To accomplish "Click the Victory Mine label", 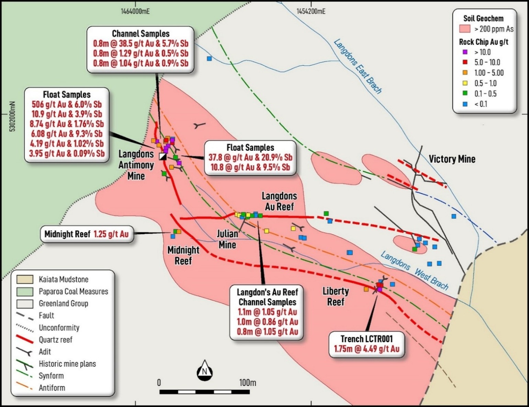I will pyautogui.click(x=452, y=159).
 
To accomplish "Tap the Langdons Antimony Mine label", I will pyautogui.click(x=136, y=165).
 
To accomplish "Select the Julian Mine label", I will pyautogui.click(x=227, y=239).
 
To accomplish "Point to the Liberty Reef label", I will pyautogui.click(x=336, y=296).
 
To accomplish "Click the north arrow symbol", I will pyautogui.click(x=204, y=370).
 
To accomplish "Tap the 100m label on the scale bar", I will pyautogui.click(x=247, y=382).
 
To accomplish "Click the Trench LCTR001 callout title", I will pyautogui.click(x=366, y=339).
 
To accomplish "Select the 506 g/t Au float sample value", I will pyautogui.click(x=67, y=104).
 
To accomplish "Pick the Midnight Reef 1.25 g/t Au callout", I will pyautogui.click(x=87, y=234).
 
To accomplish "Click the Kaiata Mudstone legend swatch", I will pyautogui.click(x=25, y=279).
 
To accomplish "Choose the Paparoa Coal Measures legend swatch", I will pyautogui.click(x=25, y=291).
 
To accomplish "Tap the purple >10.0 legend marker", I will pyautogui.click(x=465, y=52).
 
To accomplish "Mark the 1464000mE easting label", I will pyautogui.click(x=135, y=11).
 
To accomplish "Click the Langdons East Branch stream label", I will pyautogui.click(x=358, y=67).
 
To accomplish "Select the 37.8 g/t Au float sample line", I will pyautogui.click(x=250, y=158).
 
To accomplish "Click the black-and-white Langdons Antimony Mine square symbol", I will pyautogui.click(x=162, y=156).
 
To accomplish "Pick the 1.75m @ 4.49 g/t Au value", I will pyautogui.click(x=366, y=349).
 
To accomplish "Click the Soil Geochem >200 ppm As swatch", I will pyautogui.click(x=465, y=29).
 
